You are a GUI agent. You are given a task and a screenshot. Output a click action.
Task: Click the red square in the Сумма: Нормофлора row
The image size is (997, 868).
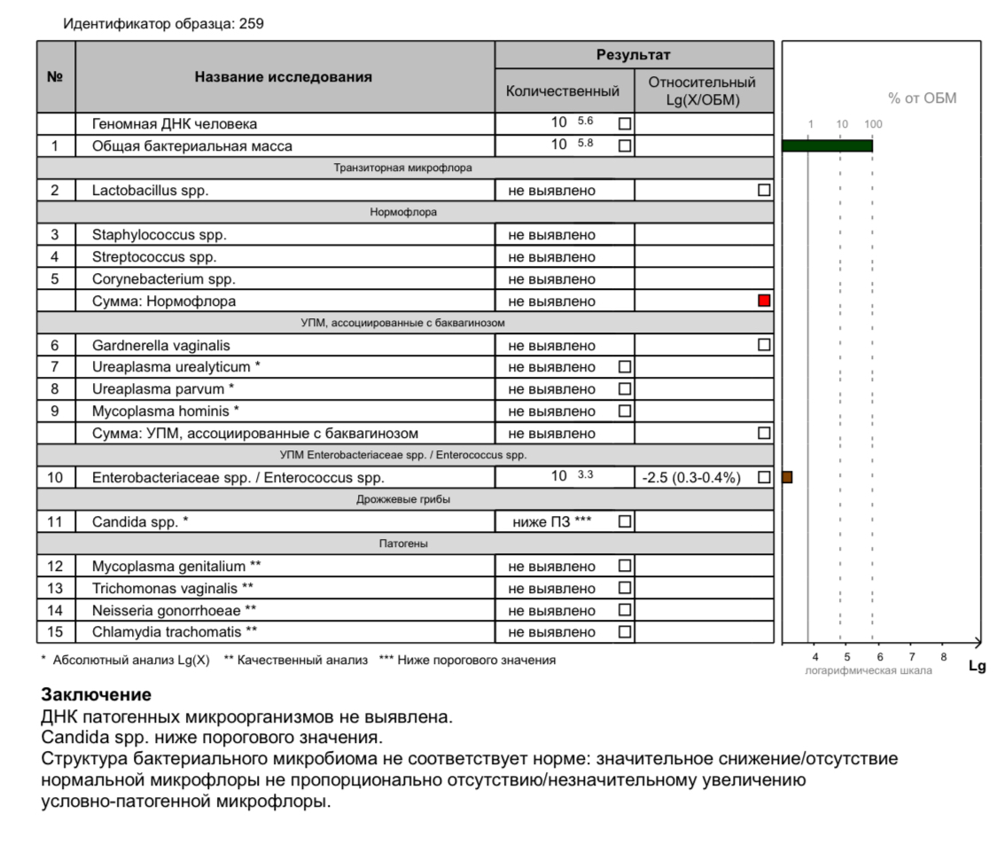764,301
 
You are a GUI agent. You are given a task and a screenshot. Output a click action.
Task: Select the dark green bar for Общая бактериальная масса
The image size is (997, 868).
827,145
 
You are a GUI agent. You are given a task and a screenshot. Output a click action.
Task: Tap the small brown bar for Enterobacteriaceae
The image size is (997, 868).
787,477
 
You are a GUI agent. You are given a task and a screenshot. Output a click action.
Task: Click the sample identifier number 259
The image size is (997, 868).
251,24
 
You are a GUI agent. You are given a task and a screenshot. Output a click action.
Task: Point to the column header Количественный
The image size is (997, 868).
562,90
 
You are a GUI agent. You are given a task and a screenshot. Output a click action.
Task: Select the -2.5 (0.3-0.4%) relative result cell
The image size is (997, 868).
691,478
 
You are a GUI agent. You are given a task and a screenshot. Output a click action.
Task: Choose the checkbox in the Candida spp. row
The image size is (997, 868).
625,521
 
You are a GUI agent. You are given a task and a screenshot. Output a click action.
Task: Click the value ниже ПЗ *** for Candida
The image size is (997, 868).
551,522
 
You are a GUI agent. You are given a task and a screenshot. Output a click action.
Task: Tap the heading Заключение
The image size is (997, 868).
96,694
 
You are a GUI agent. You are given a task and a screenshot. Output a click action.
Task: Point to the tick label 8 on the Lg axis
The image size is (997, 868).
943,657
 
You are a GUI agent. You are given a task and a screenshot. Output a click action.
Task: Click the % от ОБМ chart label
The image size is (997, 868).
922,98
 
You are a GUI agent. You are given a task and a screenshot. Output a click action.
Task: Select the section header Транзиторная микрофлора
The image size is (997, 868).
402,168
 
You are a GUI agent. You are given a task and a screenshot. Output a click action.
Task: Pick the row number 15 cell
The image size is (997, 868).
55,632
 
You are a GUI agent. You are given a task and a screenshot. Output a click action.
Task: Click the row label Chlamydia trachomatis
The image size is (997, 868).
175,632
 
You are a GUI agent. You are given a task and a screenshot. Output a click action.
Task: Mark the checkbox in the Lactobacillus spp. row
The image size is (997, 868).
764,190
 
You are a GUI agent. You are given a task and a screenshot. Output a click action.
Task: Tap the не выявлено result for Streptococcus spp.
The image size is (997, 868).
551,257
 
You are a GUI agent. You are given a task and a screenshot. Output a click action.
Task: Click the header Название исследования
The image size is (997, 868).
284,77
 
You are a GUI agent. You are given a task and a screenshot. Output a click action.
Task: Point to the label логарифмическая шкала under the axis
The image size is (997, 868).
868,671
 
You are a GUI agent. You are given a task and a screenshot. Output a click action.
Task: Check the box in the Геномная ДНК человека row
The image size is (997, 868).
625,123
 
